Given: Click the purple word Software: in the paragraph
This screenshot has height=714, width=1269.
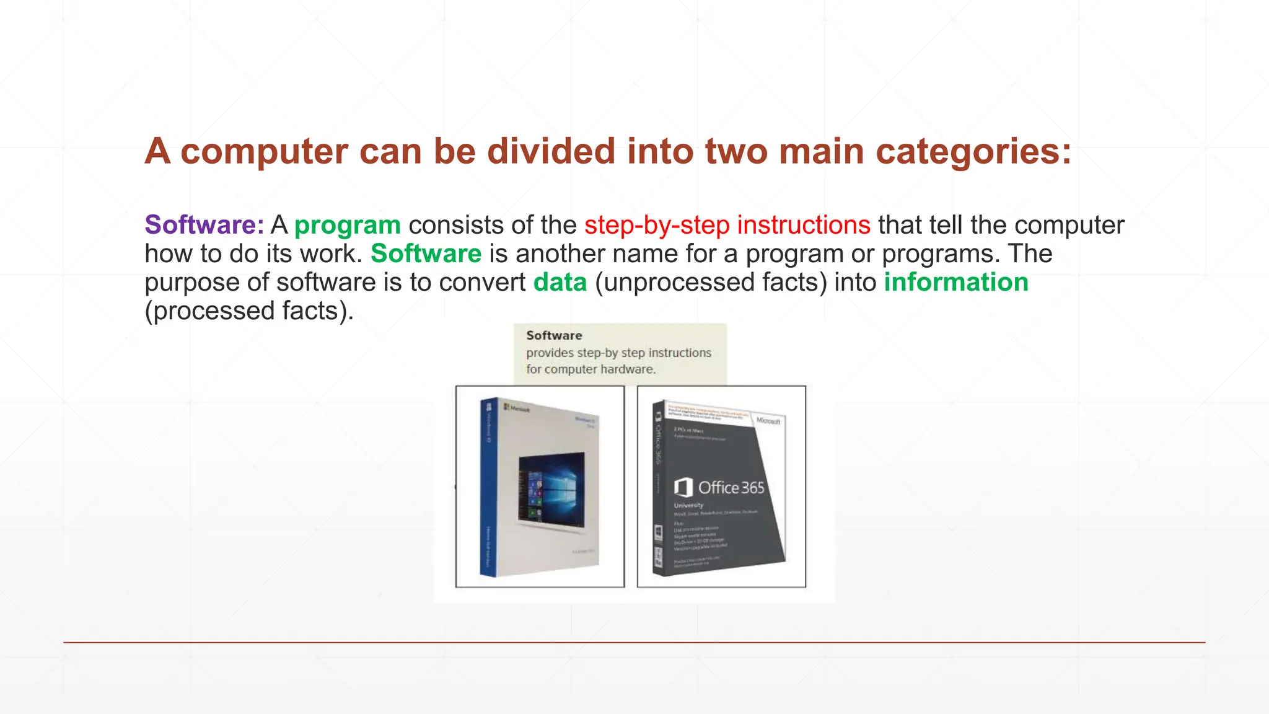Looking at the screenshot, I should (x=204, y=225).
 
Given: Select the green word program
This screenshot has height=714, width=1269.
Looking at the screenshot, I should (x=348, y=226).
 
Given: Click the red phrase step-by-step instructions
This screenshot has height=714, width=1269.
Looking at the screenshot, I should (x=727, y=225).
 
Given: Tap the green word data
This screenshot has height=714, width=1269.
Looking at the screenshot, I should (x=560, y=283).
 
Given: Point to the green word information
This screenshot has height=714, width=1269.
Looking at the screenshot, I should (x=956, y=283).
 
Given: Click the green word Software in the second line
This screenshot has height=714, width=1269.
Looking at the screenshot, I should (x=426, y=254).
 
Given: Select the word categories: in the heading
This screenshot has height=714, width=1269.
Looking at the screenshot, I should (x=973, y=151).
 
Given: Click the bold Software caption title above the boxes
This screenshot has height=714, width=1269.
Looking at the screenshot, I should (x=554, y=335).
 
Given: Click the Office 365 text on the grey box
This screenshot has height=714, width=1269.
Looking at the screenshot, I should (x=731, y=488).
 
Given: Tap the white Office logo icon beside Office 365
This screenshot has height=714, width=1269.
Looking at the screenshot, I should (x=683, y=487).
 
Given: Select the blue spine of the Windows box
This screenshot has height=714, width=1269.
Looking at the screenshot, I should (x=489, y=487).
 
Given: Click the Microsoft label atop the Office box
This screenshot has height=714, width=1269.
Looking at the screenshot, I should (x=768, y=421).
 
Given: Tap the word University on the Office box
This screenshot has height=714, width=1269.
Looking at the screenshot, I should (x=688, y=505).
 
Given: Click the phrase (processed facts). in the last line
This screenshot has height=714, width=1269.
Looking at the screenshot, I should (x=249, y=311).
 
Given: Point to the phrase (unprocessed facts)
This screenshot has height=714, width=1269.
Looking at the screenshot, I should (x=711, y=283).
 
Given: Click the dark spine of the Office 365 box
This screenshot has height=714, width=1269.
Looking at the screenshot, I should (x=659, y=490).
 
